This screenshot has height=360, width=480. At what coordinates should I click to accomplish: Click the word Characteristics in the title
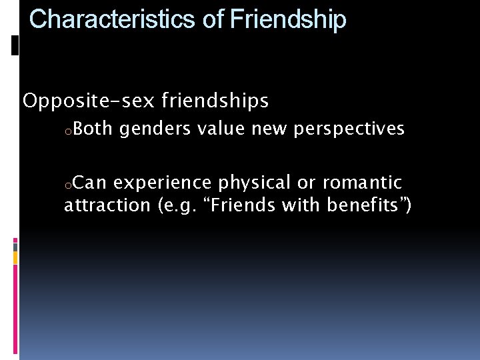pos(113,20)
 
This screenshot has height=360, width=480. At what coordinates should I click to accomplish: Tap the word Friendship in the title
pos(288,20)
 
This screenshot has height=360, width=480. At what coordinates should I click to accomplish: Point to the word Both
pos(93,129)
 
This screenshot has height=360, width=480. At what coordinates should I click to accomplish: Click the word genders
pos(155,129)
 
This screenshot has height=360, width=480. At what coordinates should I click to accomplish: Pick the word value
pos(221,129)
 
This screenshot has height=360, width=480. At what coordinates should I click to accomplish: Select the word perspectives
pos(349,129)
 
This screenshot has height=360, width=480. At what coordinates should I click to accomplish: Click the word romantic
pos(363,183)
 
